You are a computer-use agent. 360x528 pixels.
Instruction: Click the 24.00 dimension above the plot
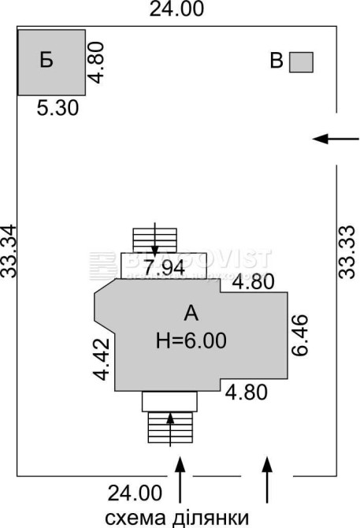[176, 9]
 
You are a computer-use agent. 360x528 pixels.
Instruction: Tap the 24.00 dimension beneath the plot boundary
[135, 493]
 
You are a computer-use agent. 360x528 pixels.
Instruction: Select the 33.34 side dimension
[9, 251]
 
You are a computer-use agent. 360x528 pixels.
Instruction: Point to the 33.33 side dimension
[347, 251]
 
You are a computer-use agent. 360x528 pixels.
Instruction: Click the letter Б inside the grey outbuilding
[46, 60]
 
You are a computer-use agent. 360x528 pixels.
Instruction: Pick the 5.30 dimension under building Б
[58, 108]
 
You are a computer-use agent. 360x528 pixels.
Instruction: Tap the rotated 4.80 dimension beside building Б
[97, 62]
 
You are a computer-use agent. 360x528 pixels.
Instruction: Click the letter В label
[276, 61]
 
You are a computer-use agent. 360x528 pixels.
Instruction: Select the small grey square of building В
[301, 62]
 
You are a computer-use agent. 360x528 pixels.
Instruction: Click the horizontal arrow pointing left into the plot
[336, 139]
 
